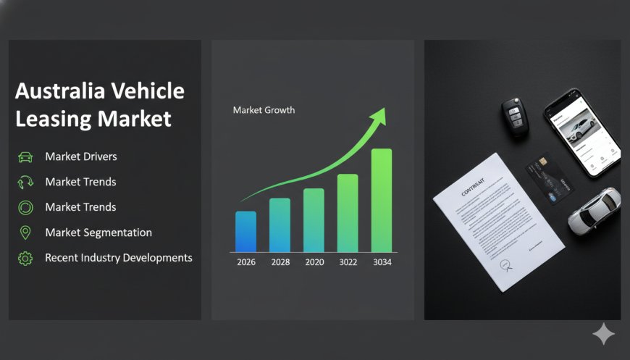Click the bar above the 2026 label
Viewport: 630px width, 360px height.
tap(246, 232)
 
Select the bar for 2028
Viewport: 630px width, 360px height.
tap(280, 225)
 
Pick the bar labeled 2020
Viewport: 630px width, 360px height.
tap(314, 220)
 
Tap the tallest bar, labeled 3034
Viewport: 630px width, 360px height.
tap(382, 201)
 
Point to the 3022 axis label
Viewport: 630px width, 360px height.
tap(348, 262)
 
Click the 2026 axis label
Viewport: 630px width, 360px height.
tap(246, 262)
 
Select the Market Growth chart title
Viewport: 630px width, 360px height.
tap(264, 110)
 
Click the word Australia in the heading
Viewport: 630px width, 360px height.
tap(60, 91)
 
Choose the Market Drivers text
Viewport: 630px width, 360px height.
tap(80, 156)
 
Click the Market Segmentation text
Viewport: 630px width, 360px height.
tap(98, 233)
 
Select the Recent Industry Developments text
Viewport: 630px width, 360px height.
tap(119, 258)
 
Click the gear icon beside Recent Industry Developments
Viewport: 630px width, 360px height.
tap(25, 258)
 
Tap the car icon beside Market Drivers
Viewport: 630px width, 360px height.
tap(25, 156)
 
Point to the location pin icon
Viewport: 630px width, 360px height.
tap(25, 233)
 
